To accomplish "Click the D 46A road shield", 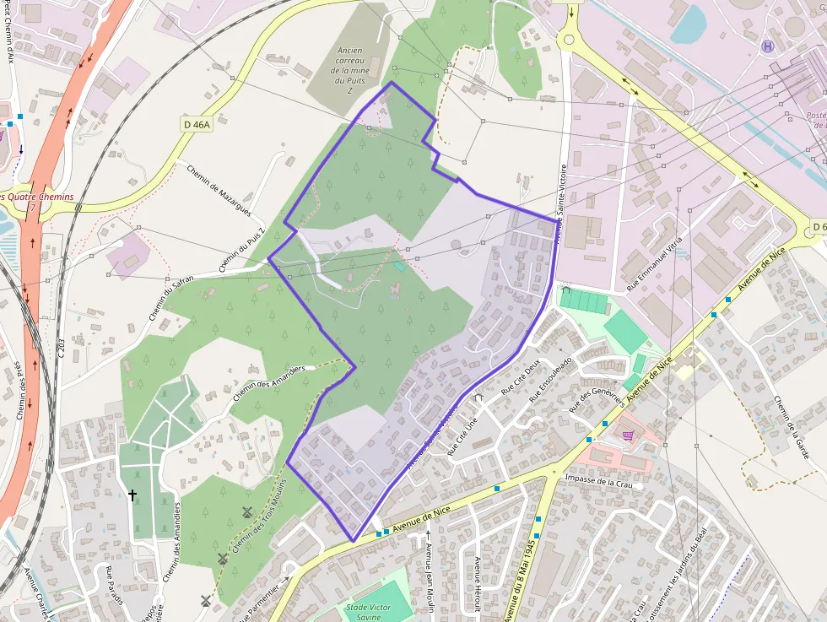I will click(196, 124).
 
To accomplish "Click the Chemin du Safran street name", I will click(171, 297).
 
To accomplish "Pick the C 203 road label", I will click(62, 349).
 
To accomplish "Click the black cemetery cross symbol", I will click(132, 495).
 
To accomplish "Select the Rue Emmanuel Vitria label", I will click(654, 264).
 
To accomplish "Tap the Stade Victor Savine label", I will click(369, 612).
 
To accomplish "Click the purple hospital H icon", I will click(767, 46).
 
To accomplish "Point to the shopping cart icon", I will click(628, 435).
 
